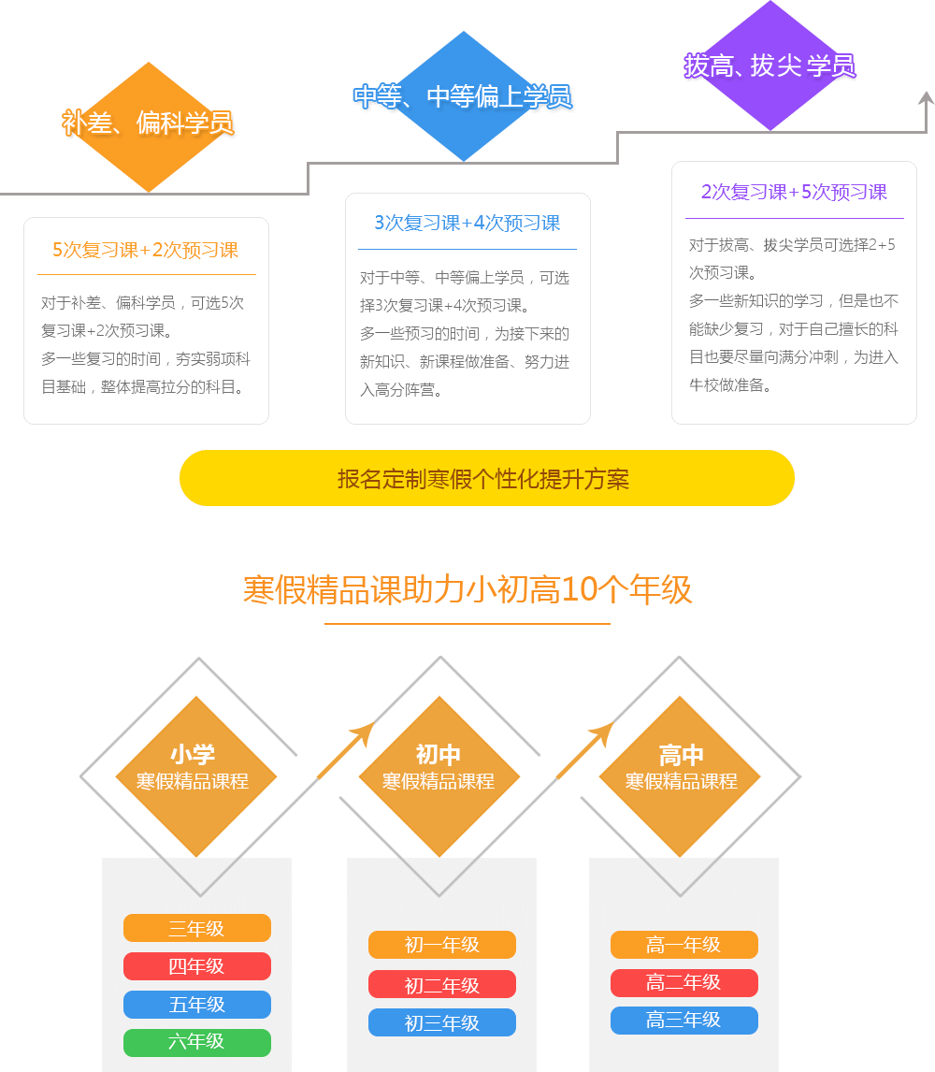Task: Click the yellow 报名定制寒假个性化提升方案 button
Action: click(486, 478)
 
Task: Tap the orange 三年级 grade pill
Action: click(196, 928)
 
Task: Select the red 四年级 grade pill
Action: click(196, 966)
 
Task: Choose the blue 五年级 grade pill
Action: click(196, 1005)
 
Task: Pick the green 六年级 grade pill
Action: click(196, 1042)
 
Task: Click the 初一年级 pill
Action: click(441, 945)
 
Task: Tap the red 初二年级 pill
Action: click(441, 984)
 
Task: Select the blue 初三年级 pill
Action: click(441, 1022)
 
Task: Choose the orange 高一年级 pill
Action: click(683, 945)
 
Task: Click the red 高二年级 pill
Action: click(683, 983)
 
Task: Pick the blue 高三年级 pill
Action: click(683, 1021)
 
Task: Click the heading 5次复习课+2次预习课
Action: click(145, 250)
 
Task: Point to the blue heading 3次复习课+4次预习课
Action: click(467, 223)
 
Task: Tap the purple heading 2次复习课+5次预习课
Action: click(794, 192)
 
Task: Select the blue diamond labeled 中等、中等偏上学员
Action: click(463, 95)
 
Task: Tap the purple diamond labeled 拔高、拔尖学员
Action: click(769, 65)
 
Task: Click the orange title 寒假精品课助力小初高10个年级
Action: click(467, 590)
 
